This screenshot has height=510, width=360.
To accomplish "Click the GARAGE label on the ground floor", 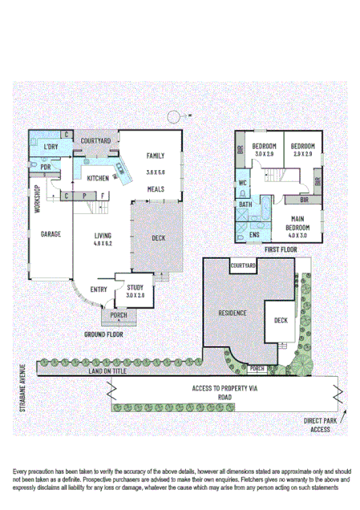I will (x=51, y=235).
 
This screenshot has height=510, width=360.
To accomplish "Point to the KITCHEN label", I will (x=98, y=178).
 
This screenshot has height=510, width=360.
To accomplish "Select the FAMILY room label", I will (x=156, y=156).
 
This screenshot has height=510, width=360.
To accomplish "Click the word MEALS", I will (x=156, y=189).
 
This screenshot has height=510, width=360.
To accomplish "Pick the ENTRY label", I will (x=99, y=289).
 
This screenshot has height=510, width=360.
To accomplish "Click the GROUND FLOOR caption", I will (x=104, y=333).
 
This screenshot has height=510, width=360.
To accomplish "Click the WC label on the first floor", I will (x=243, y=184).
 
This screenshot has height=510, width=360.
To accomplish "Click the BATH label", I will (x=245, y=205).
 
